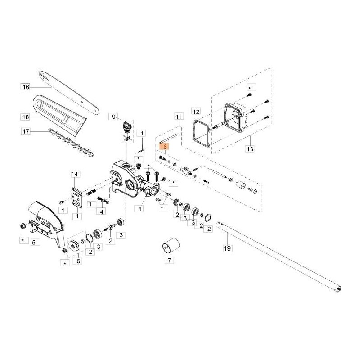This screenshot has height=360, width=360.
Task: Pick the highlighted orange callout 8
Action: [x=165, y=147]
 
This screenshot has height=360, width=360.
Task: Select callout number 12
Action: [x=195, y=111]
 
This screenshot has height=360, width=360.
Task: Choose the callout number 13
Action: [x=251, y=148]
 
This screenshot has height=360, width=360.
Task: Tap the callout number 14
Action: [x=75, y=174]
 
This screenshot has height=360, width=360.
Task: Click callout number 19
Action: [x=227, y=247]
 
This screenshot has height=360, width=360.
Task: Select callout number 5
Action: [x=33, y=242]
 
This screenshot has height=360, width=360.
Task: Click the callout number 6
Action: [x=79, y=260]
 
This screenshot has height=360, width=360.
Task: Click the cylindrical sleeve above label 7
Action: [x=170, y=245]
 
